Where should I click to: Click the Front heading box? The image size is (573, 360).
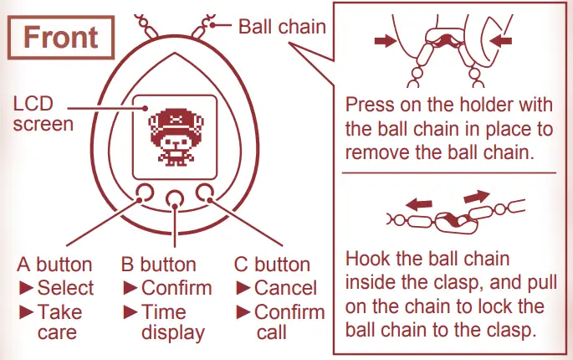point(60,38)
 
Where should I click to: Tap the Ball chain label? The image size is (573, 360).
point(282,26)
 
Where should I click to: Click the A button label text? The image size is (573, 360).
point(54,265)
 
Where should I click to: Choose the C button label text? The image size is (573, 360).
point(272,265)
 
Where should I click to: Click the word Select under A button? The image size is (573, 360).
point(65,289)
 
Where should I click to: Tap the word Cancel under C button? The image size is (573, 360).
point(285,289)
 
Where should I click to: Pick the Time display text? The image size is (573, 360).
point(172,322)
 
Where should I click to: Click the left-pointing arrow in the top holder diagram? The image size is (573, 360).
point(501,39)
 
